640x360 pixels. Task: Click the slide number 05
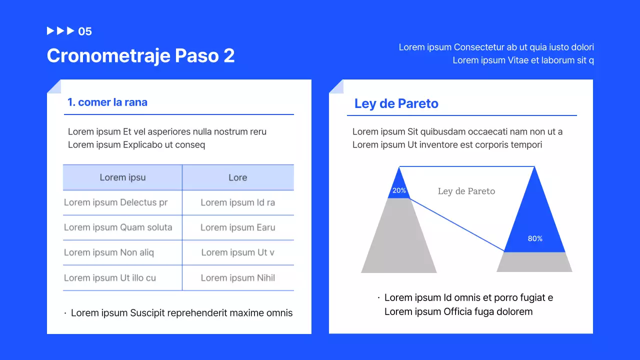coord(85,31)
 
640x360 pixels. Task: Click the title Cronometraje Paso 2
coord(140,55)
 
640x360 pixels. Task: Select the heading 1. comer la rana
coord(107,102)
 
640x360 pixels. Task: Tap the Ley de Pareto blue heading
coord(396,103)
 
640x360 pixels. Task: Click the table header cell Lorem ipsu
coord(122,177)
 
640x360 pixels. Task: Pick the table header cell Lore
coord(237,177)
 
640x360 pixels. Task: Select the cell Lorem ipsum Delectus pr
coord(115,202)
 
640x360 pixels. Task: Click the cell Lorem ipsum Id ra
coord(237,202)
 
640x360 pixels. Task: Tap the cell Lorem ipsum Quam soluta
coord(118,227)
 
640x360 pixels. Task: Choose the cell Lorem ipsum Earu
coord(237,227)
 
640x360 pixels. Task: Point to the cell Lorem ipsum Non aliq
coord(109,252)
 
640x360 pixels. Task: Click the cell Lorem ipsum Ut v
coord(237,252)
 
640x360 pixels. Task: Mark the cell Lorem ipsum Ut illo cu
coord(110,278)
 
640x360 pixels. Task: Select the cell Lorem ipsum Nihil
coord(237,278)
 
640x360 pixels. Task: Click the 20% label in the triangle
coord(399,190)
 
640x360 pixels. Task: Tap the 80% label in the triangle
coord(535,238)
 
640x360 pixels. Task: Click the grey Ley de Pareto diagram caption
coord(466,191)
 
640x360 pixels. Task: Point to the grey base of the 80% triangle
coord(534,262)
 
